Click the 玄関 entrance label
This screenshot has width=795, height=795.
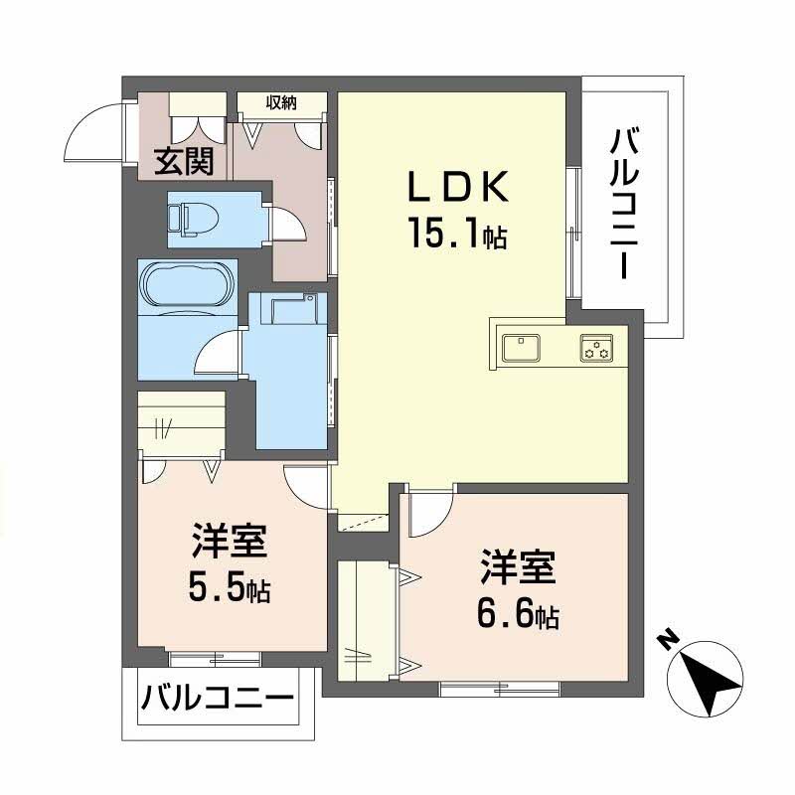pos(184,161)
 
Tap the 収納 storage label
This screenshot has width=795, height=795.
pos(280,102)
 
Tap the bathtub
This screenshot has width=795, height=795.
pos(186,287)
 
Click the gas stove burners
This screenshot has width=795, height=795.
pos(596,348)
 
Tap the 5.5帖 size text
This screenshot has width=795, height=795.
pos(229,588)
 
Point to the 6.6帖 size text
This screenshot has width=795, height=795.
pos(517,614)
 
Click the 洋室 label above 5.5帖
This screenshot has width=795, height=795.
pos(229,545)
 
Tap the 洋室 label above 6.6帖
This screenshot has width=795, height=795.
pos(517,569)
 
